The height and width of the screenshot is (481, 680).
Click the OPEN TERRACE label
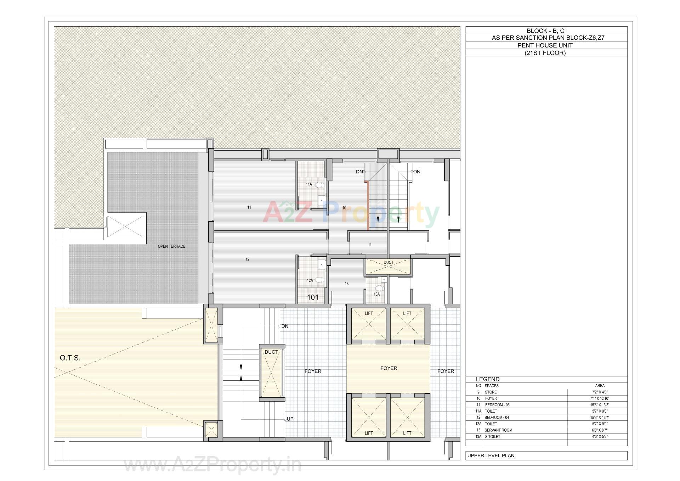pyautogui.click(x=171, y=246)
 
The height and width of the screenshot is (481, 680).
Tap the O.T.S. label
pyautogui.click(x=70, y=358)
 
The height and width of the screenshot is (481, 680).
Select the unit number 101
pyautogui.click(x=313, y=297)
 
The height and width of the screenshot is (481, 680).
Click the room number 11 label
pyautogui.click(x=249, y=207)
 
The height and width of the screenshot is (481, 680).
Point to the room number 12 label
pyautogui.click(x=248, y=259)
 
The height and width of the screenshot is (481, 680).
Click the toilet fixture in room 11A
pyautogui.click(x=319, y=185)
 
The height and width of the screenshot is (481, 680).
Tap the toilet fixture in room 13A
pyautogui.click(x=379, y=288)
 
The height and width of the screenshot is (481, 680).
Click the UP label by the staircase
pyautogui.click(x=290, y=419)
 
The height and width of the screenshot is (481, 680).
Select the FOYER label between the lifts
pyautogui.click(x=389, y=368)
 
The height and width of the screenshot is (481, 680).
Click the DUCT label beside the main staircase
pyautogui.click(x=271, y=352)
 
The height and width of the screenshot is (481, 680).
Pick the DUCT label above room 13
pyautogui.click(x=389, y=263)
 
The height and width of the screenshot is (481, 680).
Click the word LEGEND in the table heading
pyautogui.click(x=487, y=379)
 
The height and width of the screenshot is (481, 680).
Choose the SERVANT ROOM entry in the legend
pyautogui.click(x=498, y=430)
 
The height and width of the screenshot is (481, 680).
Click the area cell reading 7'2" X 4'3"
pyautogui.click(x=600, y=392)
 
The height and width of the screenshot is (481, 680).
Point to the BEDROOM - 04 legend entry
pyautogui.click(x=497, y=418)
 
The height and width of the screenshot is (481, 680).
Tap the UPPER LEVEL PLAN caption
pyautogui.click(x=491, y=455)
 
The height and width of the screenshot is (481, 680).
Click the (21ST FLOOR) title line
pyautogui.click(x=545, y=53)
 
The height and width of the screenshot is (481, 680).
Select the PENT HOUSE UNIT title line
pyautogui.click(x=545, y=45)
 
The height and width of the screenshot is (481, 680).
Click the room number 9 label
pyautogui.click(x=370, y=245)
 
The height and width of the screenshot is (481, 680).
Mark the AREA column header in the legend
pyautogui.click(x=600, y=386)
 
